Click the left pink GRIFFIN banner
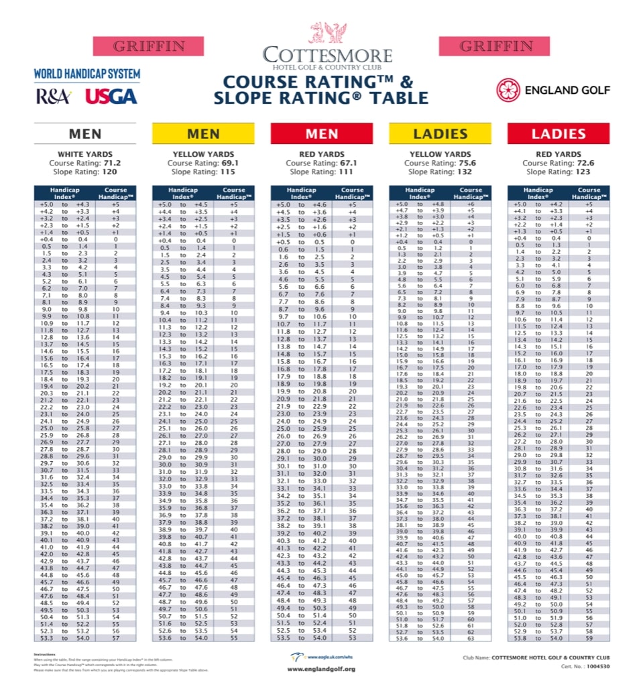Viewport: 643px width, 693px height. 148,46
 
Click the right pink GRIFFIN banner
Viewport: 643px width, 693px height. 494,46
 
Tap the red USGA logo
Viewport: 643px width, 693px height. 111,97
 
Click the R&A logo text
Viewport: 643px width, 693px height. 54,97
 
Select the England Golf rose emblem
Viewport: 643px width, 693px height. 508,89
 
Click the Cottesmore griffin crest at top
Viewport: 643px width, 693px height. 327,32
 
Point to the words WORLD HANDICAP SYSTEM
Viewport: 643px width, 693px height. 87,74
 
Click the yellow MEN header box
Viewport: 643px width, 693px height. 203,133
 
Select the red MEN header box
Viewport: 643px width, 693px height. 321,133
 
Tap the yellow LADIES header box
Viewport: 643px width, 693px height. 440,133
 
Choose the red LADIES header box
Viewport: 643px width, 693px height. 559,133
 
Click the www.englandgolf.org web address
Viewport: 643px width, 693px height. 321,669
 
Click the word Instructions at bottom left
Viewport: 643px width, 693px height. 45,654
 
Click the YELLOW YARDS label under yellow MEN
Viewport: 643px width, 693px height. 203,154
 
